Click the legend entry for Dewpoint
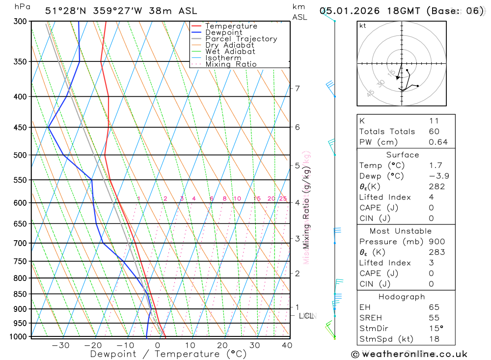point(224,32)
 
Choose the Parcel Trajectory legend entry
point(241,39)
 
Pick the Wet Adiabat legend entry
point(230,52)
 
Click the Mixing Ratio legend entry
point(231,64)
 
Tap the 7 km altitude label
point(297,88)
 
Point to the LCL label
point(306,316)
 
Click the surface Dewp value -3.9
point(436,176)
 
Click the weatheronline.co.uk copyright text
point(409,354)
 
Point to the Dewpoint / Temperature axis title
point(168,354)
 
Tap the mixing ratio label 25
point(283,199)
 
